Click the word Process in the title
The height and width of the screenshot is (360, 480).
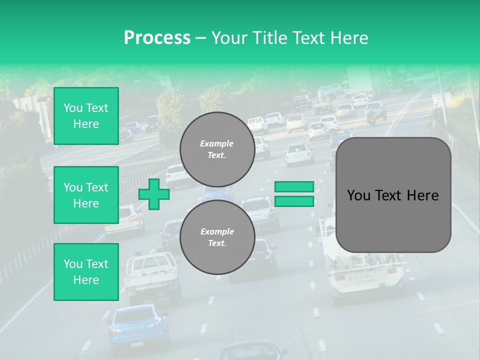coord(157,38)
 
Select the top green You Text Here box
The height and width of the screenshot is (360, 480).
coord(86,116)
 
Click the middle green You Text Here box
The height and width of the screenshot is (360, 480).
coord(86,195)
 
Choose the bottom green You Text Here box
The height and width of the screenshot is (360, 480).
coord(86,272)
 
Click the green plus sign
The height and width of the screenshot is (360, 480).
coord(154,194)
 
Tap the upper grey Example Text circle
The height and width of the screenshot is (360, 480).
coord(217,149)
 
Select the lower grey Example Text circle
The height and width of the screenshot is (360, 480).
coord(217,237)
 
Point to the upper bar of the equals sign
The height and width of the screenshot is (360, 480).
coord(294,187)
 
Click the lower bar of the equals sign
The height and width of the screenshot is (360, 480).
coord(294,201)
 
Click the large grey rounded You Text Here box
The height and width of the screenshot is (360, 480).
coord(393,195)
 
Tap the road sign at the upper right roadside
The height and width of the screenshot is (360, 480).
coord(441,99)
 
